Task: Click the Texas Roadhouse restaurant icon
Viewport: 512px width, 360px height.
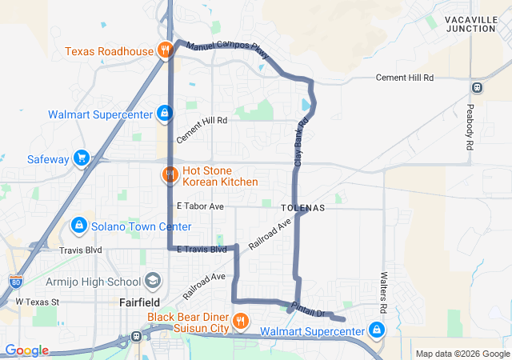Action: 165,51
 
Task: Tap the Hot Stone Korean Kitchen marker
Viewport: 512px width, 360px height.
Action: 170,174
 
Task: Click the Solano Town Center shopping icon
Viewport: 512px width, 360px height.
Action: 79,227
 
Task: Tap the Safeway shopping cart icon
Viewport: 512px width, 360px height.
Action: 81,158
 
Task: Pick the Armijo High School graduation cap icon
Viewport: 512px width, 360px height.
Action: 153,282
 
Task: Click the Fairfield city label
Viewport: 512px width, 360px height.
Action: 141,303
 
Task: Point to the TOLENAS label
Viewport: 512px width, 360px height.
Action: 303,207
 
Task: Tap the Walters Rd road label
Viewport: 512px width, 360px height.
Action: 383,292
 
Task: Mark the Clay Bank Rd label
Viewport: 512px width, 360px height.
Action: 301,142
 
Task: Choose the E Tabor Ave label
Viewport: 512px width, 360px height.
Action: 201,206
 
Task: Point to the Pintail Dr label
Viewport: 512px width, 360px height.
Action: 306,308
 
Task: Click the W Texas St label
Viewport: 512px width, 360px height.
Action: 38,302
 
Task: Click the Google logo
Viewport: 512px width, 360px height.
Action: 26,350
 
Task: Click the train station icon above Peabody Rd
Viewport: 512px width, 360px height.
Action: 478,87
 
